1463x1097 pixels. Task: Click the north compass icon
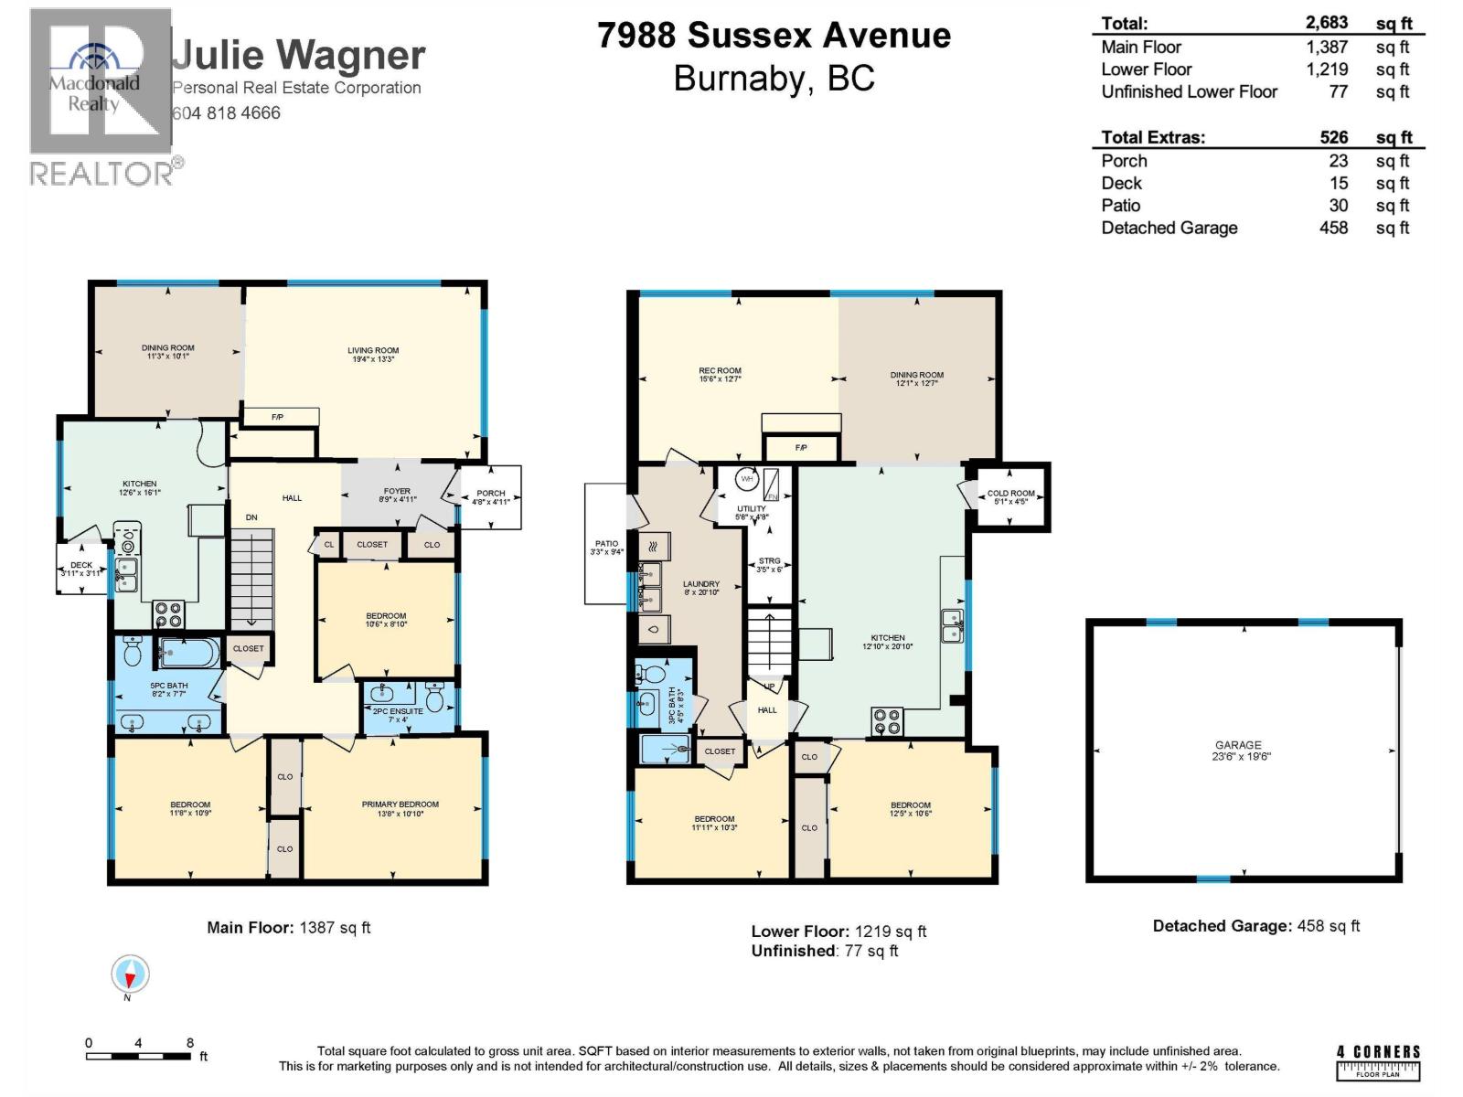click(130, 975)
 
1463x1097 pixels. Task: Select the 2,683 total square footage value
click(1327, 24)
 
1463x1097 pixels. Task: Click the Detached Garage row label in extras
click(1169, 228)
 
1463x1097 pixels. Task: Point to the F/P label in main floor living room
click(278, 418)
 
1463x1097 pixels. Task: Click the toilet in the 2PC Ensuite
click(436, 699)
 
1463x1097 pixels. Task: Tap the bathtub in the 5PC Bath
click(189, 653)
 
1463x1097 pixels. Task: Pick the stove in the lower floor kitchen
click(886, 721)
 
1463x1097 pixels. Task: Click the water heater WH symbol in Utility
click(747, 479)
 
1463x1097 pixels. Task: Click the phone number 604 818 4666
click(226, 113)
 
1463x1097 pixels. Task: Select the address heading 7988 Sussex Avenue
click(774, 36)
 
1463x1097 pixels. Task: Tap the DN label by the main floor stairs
click(251, 517)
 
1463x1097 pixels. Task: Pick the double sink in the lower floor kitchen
click(951, 625)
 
